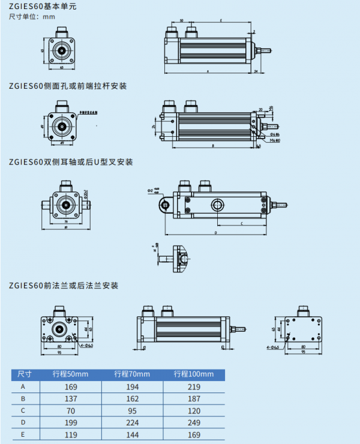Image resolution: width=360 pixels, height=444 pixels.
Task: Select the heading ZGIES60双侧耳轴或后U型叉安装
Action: tap(71, 162)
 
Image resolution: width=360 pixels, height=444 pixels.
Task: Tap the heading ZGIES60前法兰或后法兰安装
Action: tap(64, 285)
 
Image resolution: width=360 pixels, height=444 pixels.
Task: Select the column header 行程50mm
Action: tap(70, 374)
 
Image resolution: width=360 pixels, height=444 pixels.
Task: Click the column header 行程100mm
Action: tap(194, 374)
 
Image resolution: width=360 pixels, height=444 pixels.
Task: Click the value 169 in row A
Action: tap(70, 387)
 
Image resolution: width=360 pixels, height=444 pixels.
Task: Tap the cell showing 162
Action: tap(133, 400)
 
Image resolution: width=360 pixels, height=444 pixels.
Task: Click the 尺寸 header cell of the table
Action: tap(23, 374)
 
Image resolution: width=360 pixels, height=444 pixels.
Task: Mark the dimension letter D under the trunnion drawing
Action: tap(215, 232)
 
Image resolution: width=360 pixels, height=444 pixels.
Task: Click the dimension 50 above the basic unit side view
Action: tap(182, 20)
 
